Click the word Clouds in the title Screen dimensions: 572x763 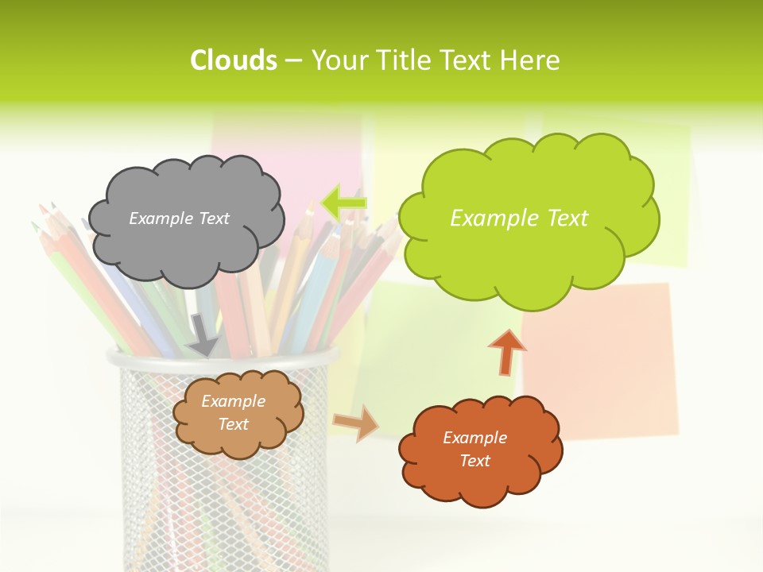coord(234,60)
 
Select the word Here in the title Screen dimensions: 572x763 coord(532,60)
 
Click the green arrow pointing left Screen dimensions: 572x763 coord(343,203)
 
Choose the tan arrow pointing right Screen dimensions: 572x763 coord(356,423)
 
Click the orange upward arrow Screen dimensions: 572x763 coord(506,351)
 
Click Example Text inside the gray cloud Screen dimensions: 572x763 coord(179,218)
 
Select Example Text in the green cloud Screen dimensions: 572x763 coord(519,218)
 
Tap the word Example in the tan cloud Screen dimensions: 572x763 coord(233,401)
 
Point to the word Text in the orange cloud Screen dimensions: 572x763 coord(474,461)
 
